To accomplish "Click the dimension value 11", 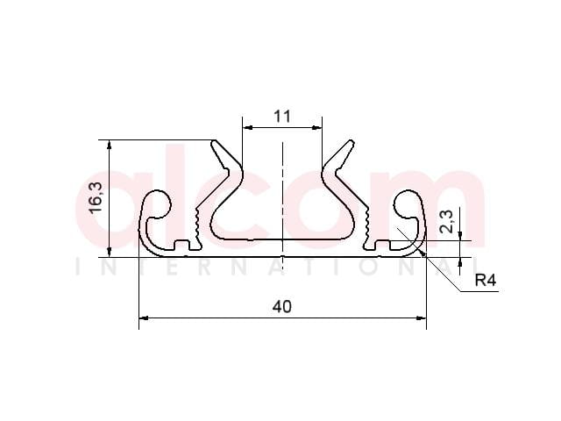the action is click(282, 117).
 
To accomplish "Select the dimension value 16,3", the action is click(96, 198).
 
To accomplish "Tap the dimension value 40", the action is click(282, 307).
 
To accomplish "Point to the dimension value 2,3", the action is click(446, 222).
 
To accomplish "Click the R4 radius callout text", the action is click(486, 281).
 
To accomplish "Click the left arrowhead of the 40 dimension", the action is click(144, 318).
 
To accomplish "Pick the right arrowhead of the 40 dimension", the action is click(422, 318).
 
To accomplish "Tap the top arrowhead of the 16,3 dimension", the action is click(110, 144).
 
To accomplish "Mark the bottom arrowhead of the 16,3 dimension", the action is click(110, 252).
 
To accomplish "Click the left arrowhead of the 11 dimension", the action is click(247, 127).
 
